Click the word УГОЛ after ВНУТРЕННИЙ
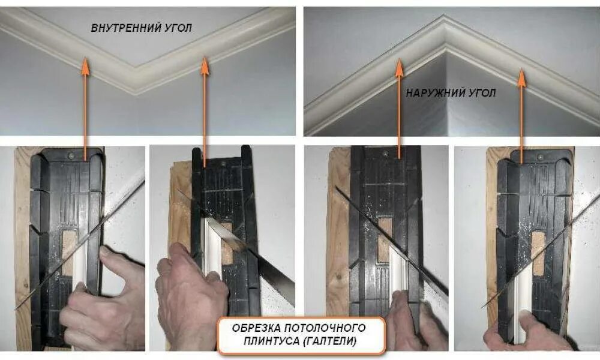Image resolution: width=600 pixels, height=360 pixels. click(177, 28)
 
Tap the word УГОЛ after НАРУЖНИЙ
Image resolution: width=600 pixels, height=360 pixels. click(484, 94)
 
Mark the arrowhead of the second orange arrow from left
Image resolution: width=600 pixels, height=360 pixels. click(205, 65)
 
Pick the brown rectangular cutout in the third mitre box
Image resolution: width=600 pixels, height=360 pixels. click(385, 239)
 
